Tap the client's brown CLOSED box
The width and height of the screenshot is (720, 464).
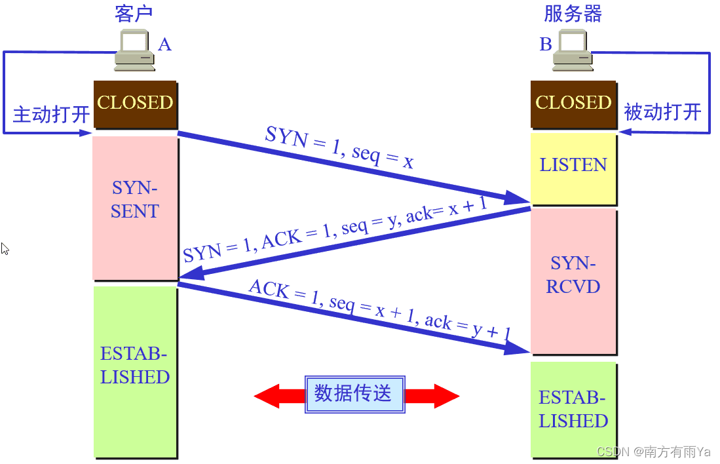tap(135, 104)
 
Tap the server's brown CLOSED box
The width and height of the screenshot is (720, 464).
tap(573, 104)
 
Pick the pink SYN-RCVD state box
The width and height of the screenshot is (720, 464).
tap(574, 280)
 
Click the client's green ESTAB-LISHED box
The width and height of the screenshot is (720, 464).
tap(135, 370)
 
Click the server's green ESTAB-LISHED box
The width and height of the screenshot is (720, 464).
tap(573, 409)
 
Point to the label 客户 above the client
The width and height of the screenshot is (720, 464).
tap(134, 14)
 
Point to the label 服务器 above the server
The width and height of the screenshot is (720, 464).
tap(573, 14)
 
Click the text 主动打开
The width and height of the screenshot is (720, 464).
tap(51, 115)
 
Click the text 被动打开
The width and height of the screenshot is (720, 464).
tap(662, 112)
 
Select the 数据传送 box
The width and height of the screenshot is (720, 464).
tap(354, 394)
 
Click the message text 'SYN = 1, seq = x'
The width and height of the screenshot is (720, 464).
tap(339, 148)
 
